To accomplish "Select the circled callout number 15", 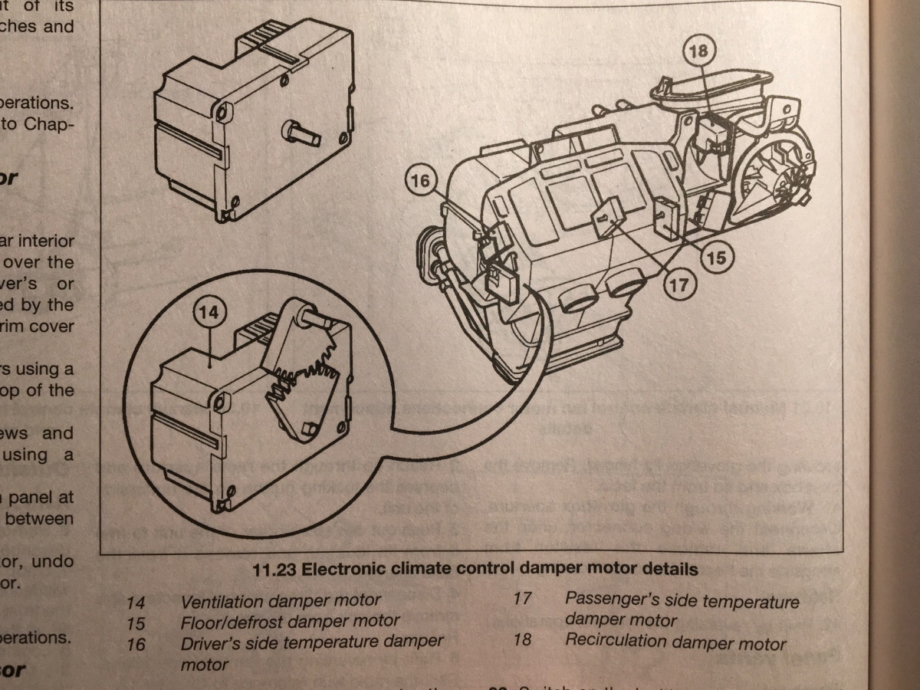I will tap(715, 258).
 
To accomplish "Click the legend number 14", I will tap(135, 603).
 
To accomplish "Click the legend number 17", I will tap(521, 598).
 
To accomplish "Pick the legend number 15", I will tap(135, 623).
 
